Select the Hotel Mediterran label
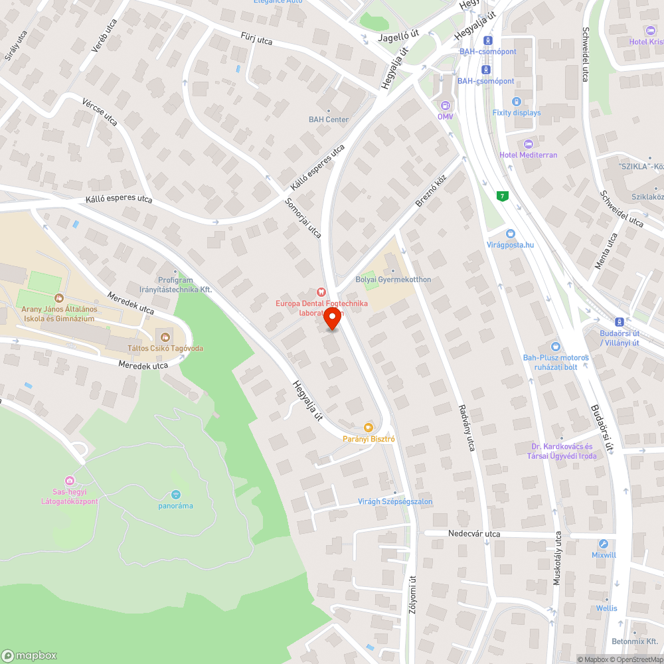click(529, 155)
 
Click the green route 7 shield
click(501, 195)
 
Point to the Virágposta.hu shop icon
click(510, 233)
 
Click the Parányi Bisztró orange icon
click(369, 427)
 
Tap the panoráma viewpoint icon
click(175, 495)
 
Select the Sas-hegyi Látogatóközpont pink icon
click(69, 480)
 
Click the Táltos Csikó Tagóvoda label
click(165, 348)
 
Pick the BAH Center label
click(329, 120)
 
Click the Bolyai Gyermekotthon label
click(393, 280)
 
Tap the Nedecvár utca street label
click(474, 534)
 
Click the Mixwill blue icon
click(603, 543)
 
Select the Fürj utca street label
click(256, 41)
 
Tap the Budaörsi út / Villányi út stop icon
click(619, 321)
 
